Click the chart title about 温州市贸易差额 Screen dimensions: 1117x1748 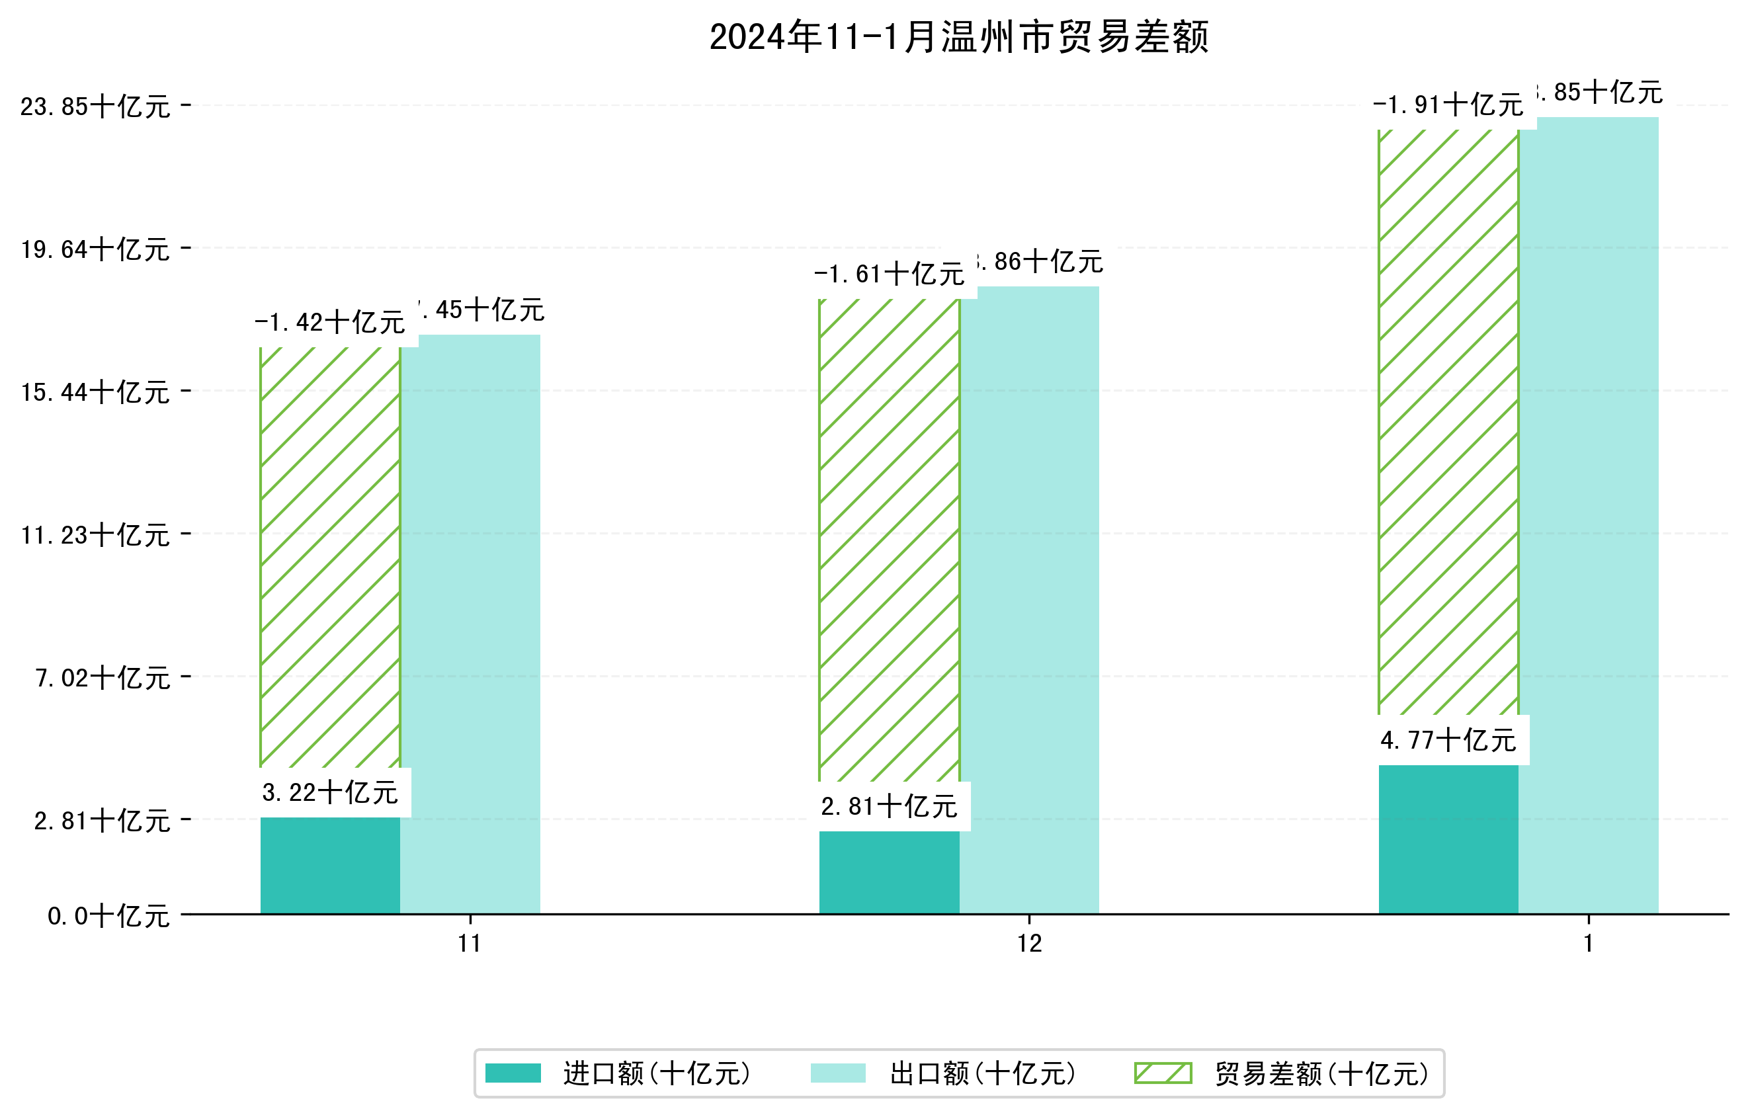(958, 37)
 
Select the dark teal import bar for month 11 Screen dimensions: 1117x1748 (330, 865)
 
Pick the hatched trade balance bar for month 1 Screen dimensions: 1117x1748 (1448, 421)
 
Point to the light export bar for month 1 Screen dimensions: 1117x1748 (1589, 515)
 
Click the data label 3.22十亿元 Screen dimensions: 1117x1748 (330, 792)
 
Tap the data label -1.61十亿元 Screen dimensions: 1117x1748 (890, 274)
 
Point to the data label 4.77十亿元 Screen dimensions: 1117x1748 (1448, 740)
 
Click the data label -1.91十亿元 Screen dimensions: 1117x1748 (1448, 105)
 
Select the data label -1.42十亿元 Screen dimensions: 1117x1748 (330, 322)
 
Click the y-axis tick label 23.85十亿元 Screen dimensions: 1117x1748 (95, 106)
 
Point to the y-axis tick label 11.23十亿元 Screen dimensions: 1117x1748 (95, 536)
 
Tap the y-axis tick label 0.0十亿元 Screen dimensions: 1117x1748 (108, 916)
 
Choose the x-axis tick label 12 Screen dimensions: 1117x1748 (1029, 944)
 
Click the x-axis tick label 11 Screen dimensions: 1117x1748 (470, 944)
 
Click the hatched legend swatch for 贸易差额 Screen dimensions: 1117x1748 (1163, 1073)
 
